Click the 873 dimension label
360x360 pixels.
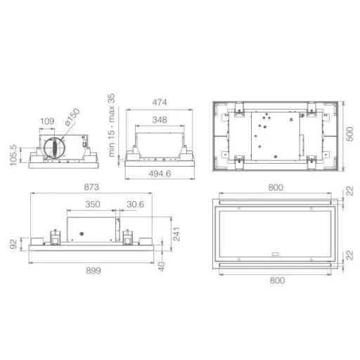coord(91,187)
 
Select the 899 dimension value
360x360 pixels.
coord(94,271)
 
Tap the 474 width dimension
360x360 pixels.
coord(160,103)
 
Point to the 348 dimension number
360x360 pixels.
coord(160,120)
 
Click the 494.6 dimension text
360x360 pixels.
coord(160,174)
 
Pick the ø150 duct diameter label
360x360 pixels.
coord(72,117)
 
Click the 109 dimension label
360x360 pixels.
coord(47,122)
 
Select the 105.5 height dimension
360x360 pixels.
coord(13,155)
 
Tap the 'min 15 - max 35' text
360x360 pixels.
coord(112,125)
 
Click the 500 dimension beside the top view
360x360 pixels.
coord(350,134)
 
